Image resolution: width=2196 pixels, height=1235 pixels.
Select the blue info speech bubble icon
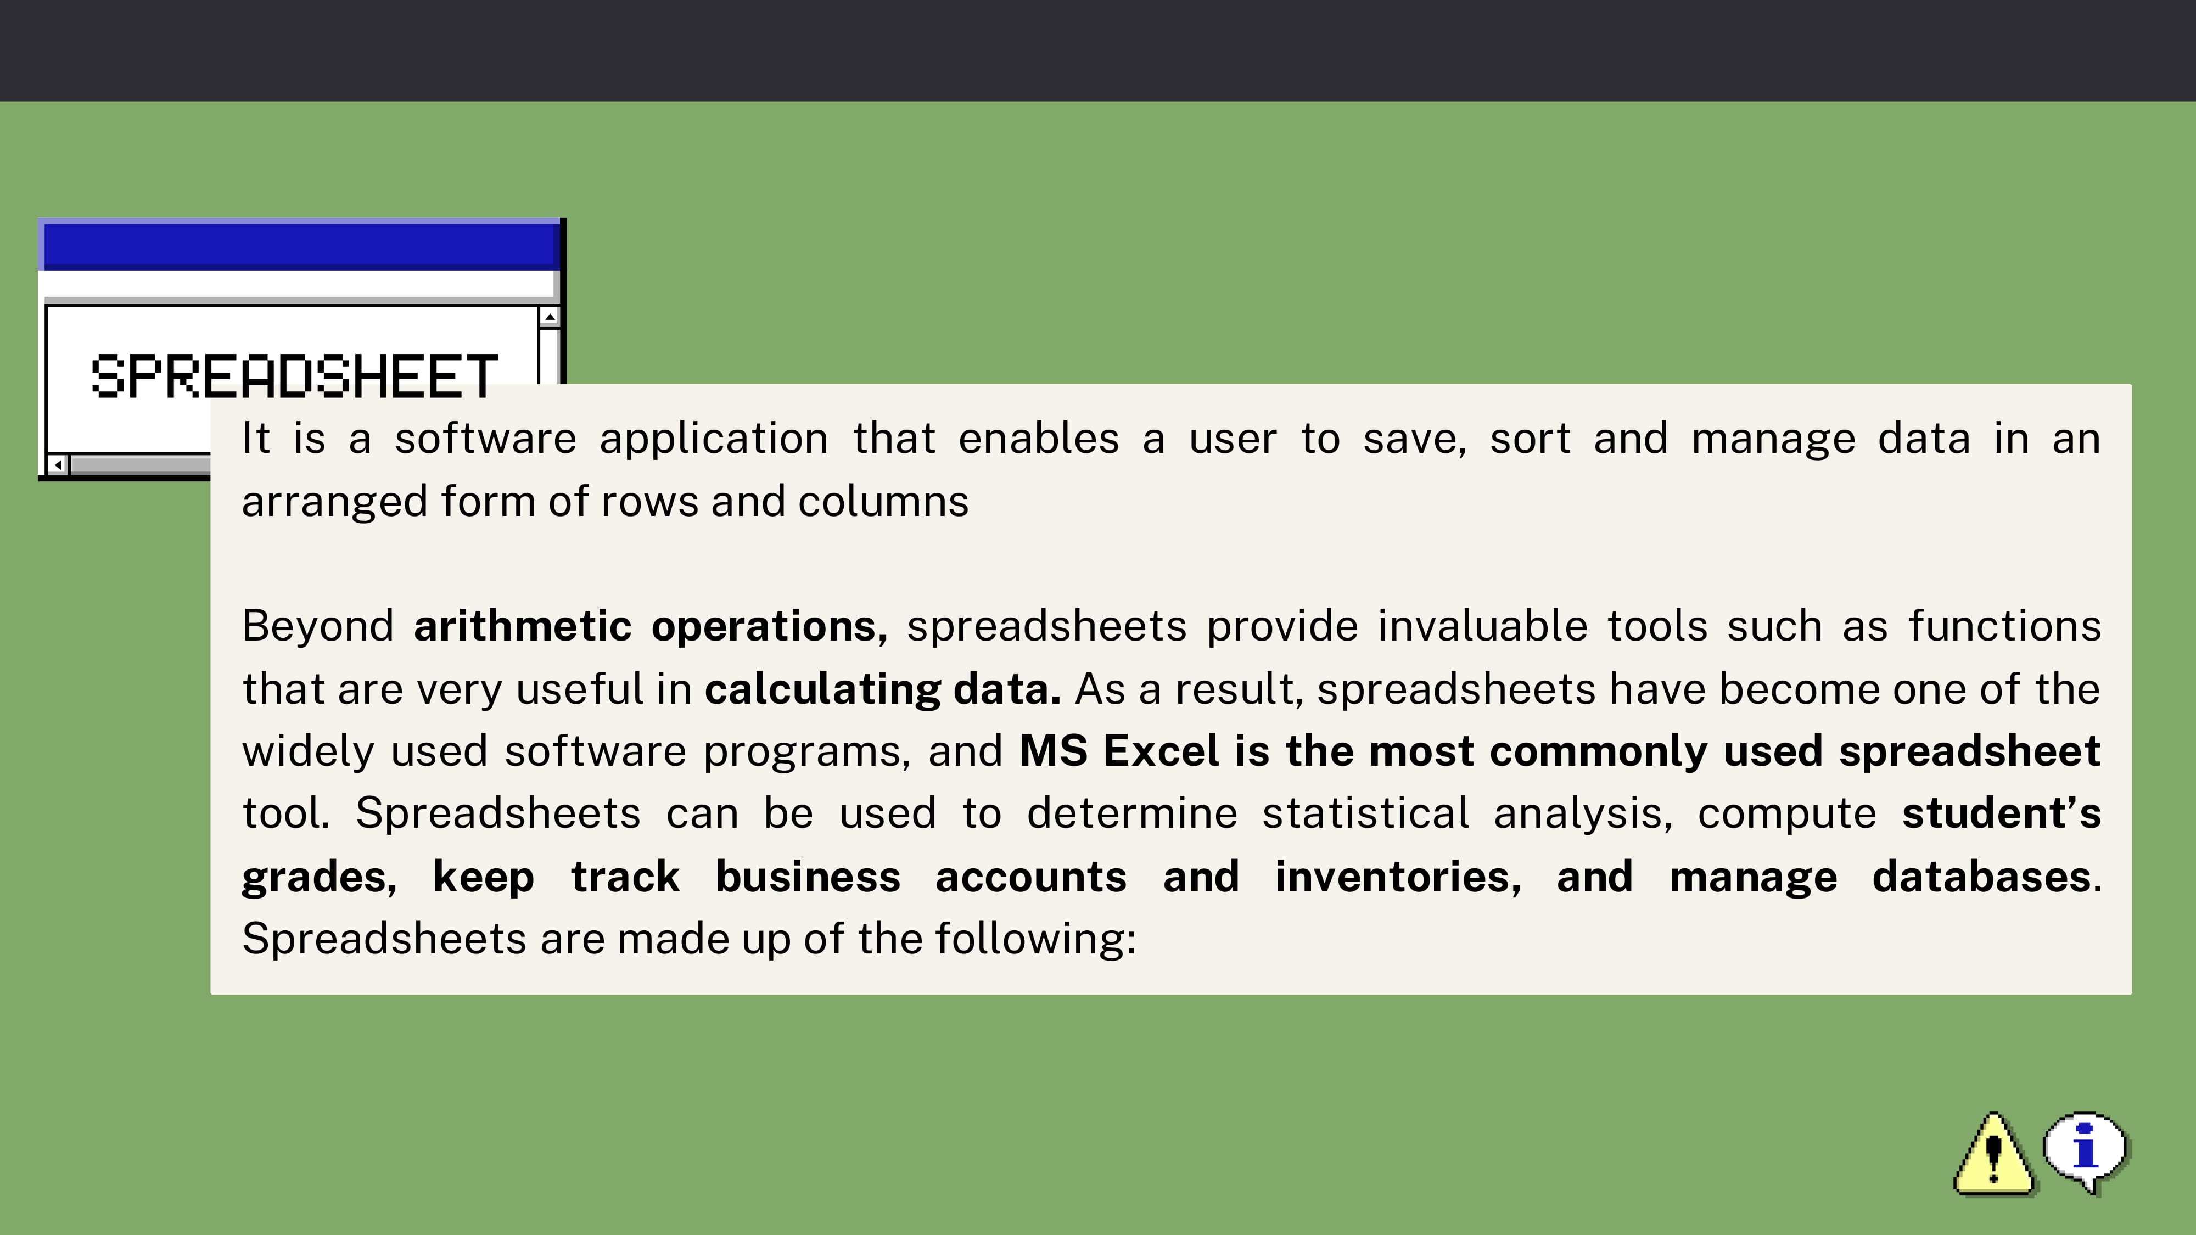[x=2085, y=1152]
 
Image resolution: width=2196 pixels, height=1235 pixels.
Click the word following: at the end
[x=1036, y=939]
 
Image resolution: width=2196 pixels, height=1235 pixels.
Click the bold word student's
[x=2001, y=813]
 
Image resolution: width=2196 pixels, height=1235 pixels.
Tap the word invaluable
[x=1482, y=626]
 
